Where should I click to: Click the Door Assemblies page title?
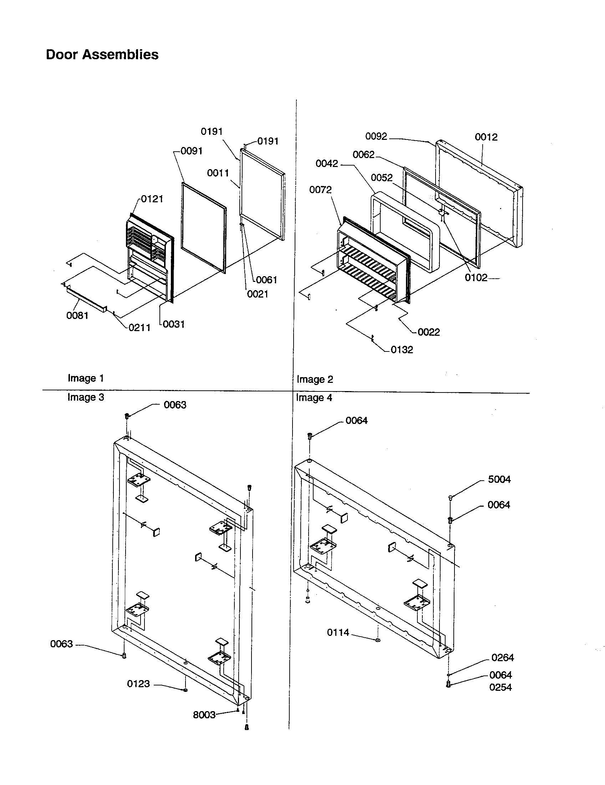coord(102,55)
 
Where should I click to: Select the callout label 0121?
coord(152,199)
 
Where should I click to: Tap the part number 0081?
coord(77,315)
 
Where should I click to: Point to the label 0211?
coord(139,328)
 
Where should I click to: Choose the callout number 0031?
coord(173,324)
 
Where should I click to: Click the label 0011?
coord(218,173)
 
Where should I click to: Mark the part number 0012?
coord(486,137)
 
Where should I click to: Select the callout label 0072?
coord(320,189)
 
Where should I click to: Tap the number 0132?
coord(402,350)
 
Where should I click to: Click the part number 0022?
coord(429,332)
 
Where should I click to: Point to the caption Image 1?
coord(86,378)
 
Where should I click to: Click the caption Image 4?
coord(314,397)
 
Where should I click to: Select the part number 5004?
coord(499,479)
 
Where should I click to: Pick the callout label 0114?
coord(338,632)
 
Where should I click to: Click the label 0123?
coord(138,684)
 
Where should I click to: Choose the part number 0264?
coord(502,657)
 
